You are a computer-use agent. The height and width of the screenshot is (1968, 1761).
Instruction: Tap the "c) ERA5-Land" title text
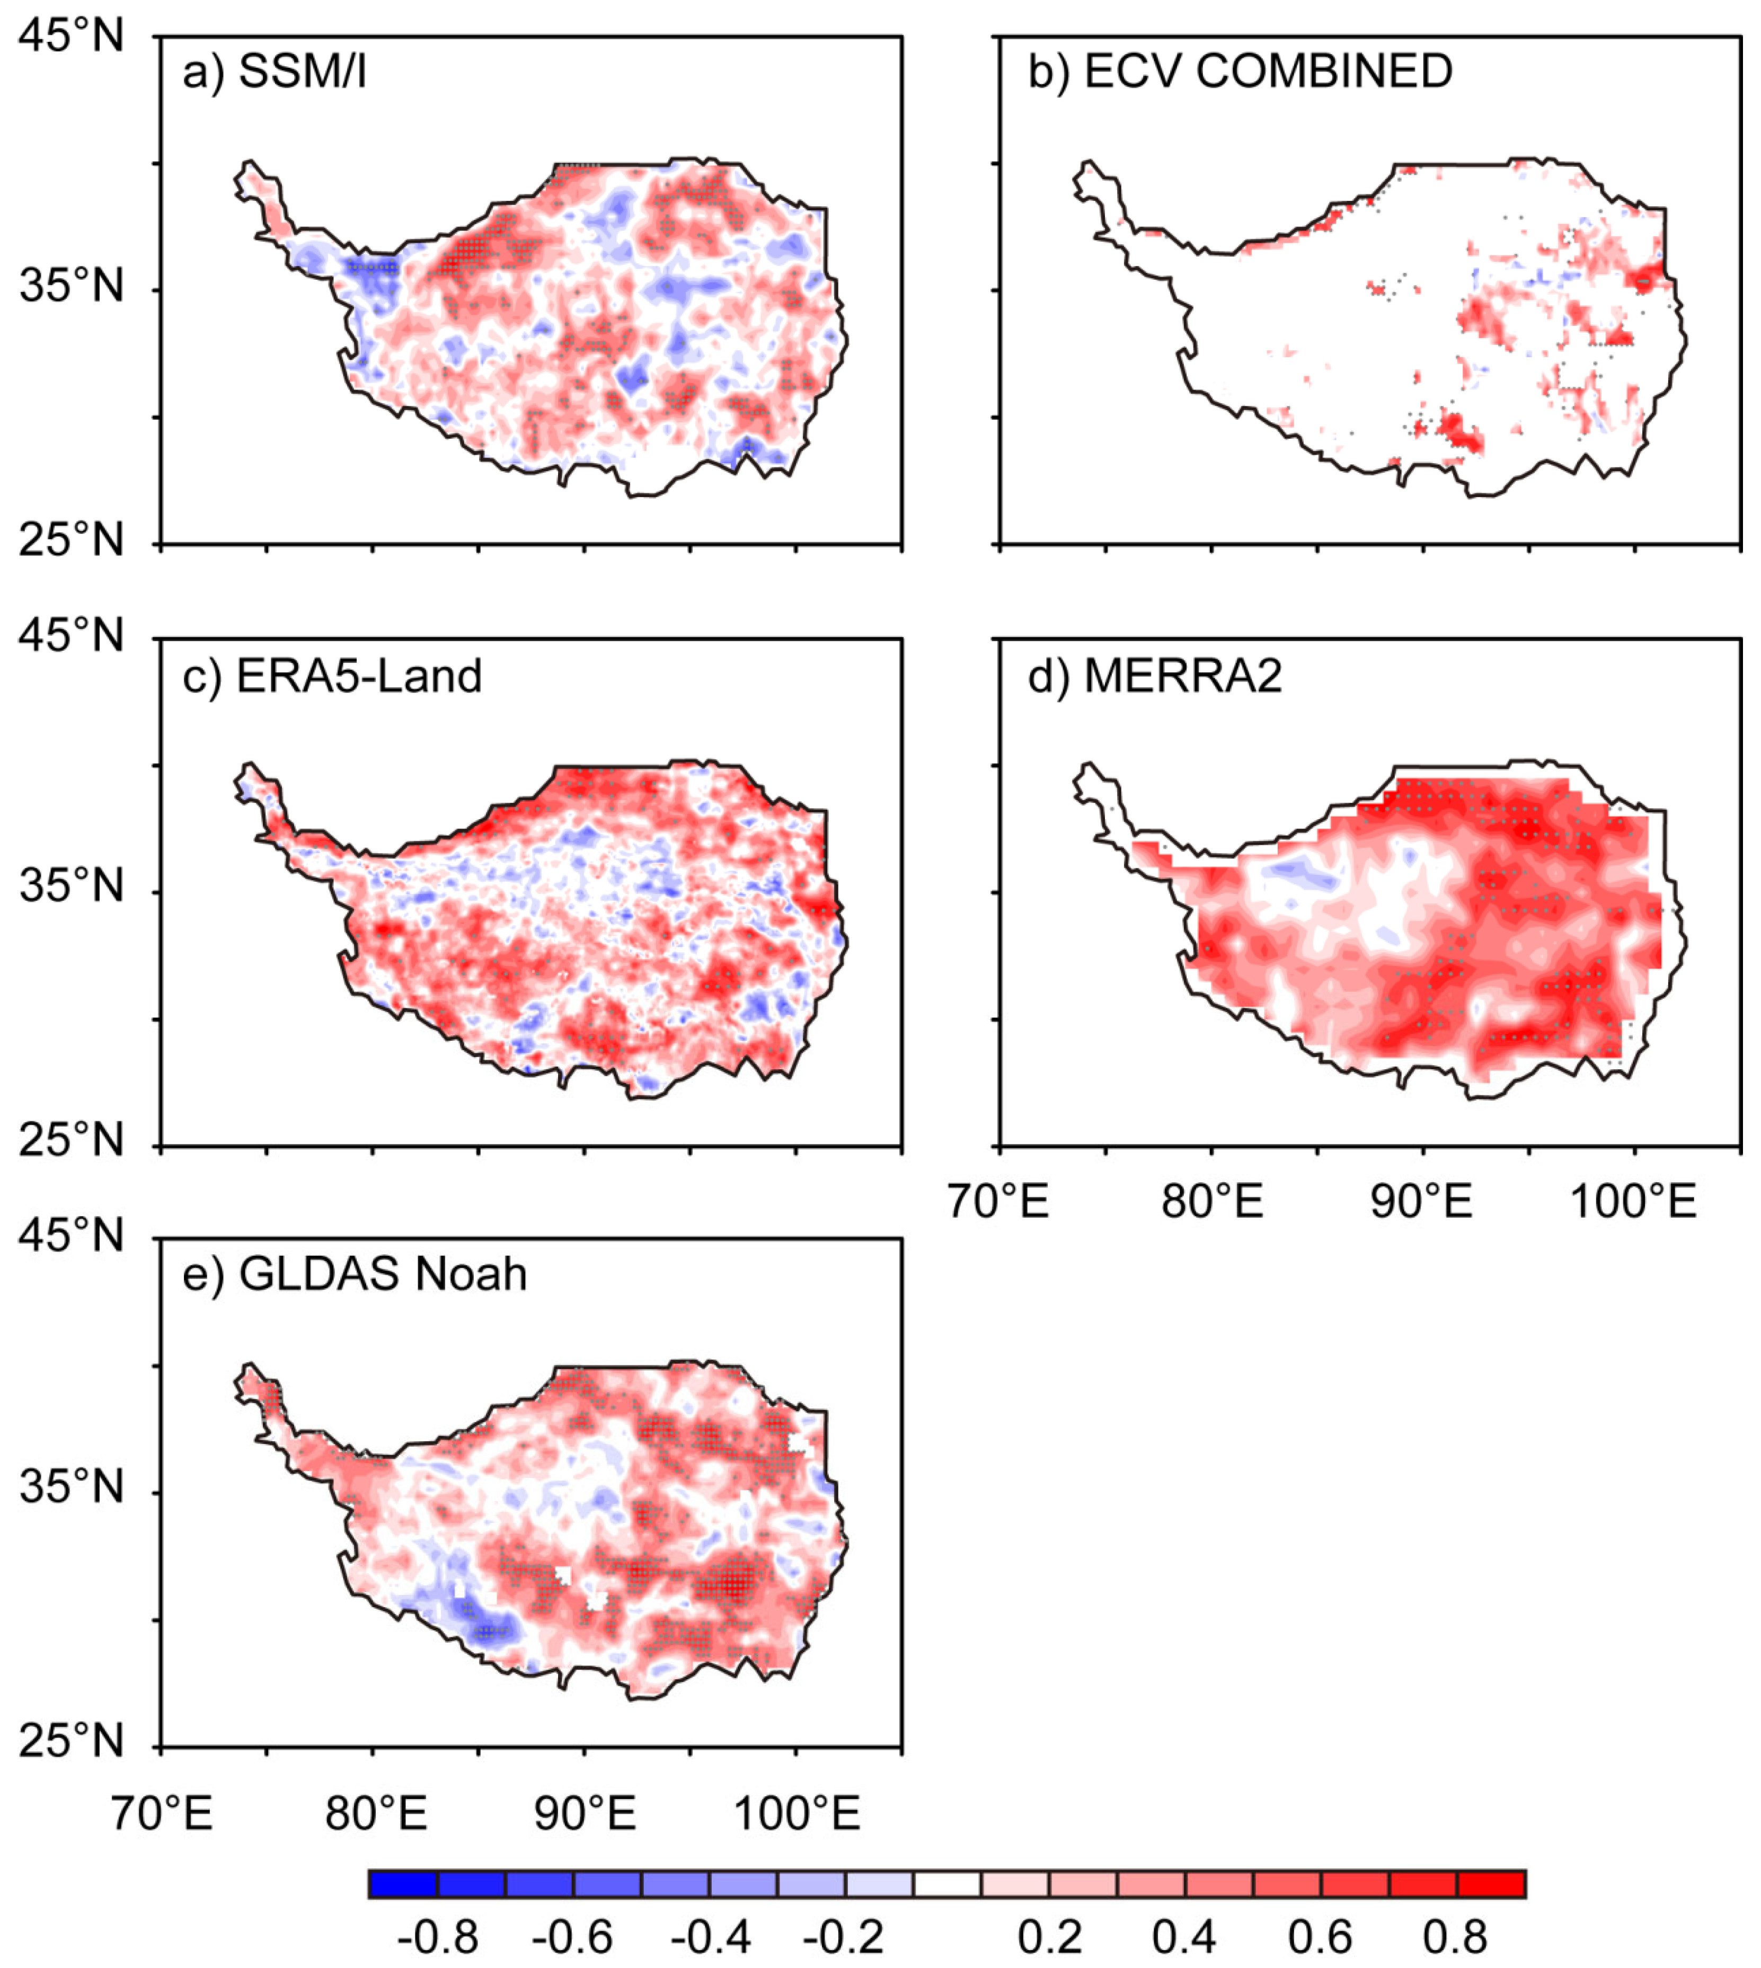(332, 676)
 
